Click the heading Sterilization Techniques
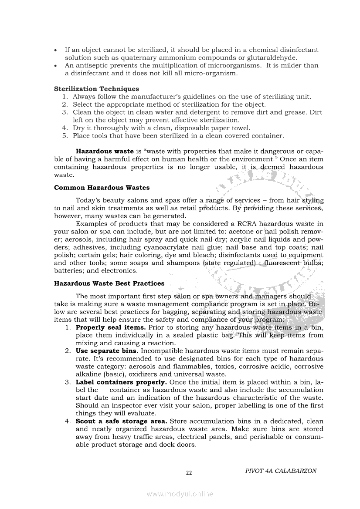click(x=96, y=89)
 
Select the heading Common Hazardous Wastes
click(x=102, y=188)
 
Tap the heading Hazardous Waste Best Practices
click(x=109, y=283)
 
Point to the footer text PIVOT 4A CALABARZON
click(x=281, y=471)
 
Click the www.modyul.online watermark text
click(x=180, y=494)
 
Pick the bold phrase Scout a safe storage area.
click(x=121, y=421)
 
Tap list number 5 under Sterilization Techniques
click(x=65, y=135)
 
